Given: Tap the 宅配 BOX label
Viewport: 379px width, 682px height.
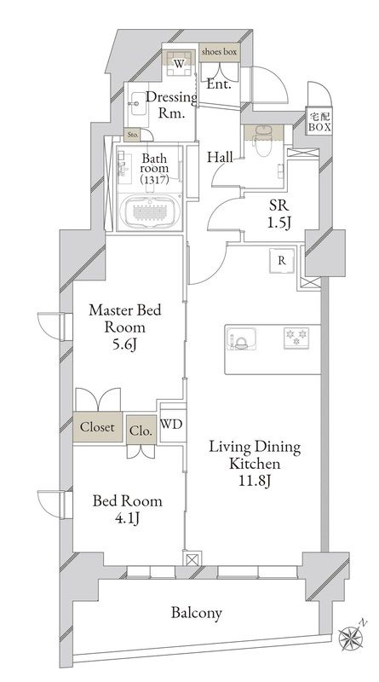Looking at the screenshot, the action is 319,122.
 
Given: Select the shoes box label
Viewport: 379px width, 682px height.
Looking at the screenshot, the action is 219,52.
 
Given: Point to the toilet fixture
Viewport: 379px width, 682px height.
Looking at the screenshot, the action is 261,141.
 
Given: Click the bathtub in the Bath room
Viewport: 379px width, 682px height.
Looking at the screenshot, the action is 150,211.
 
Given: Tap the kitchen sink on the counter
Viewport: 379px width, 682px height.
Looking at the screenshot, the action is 240,338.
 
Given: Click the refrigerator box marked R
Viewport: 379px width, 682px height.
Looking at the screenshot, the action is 282,261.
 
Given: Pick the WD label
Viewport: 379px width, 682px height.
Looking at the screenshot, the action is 171,425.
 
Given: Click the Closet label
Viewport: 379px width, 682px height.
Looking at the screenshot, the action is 97,427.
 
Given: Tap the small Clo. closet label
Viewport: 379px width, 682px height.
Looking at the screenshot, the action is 141,431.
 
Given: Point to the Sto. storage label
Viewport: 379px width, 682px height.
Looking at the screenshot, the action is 132,136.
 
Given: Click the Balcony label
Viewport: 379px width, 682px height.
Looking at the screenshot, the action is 197,613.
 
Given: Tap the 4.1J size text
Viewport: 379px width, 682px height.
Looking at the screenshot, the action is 128,518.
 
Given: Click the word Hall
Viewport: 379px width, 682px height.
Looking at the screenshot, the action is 220,157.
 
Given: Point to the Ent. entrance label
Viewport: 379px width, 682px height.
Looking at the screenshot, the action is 218,84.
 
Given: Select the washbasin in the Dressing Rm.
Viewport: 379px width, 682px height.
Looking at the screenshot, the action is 138,103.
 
